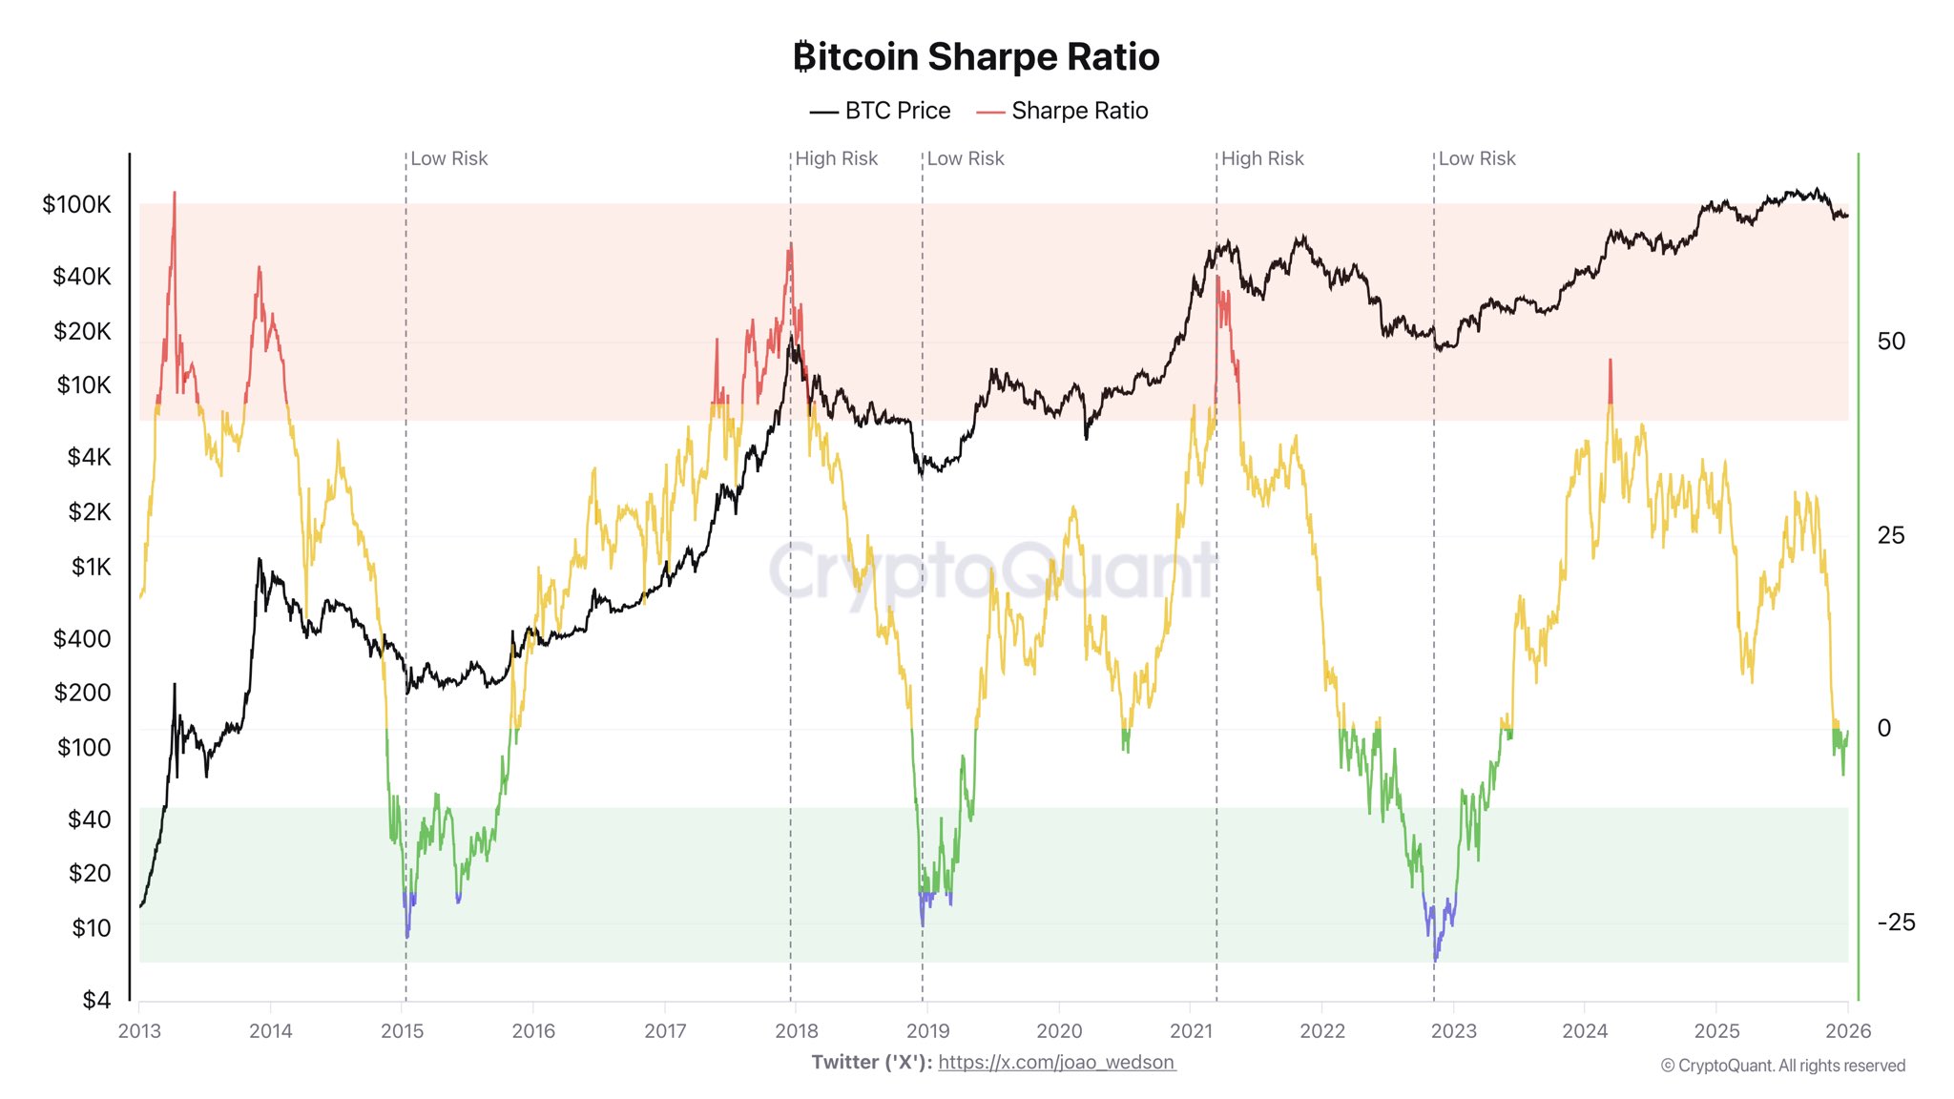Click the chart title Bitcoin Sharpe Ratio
click(976, 57)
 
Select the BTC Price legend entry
click(881, 111)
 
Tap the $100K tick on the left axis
click(76, 204)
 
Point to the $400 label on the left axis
click(82, 638)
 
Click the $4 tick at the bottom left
click(96, 1000)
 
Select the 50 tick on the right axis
click(1890, 342)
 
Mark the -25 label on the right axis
click(1895, 923)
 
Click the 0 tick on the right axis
click(1883, 728)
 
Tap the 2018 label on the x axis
click(797, 1031)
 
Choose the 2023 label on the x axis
click(1453, 1031)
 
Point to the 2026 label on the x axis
click(1847, 1031)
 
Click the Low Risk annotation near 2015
click(448, 158)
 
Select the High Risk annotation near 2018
click(836, 158)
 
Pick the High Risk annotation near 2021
click(1261, 158)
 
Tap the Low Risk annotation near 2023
click(1476, 158)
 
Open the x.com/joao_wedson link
click(1056, 1063)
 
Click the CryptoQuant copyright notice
click(1782, 1066)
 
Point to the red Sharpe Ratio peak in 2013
click(174, 196)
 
